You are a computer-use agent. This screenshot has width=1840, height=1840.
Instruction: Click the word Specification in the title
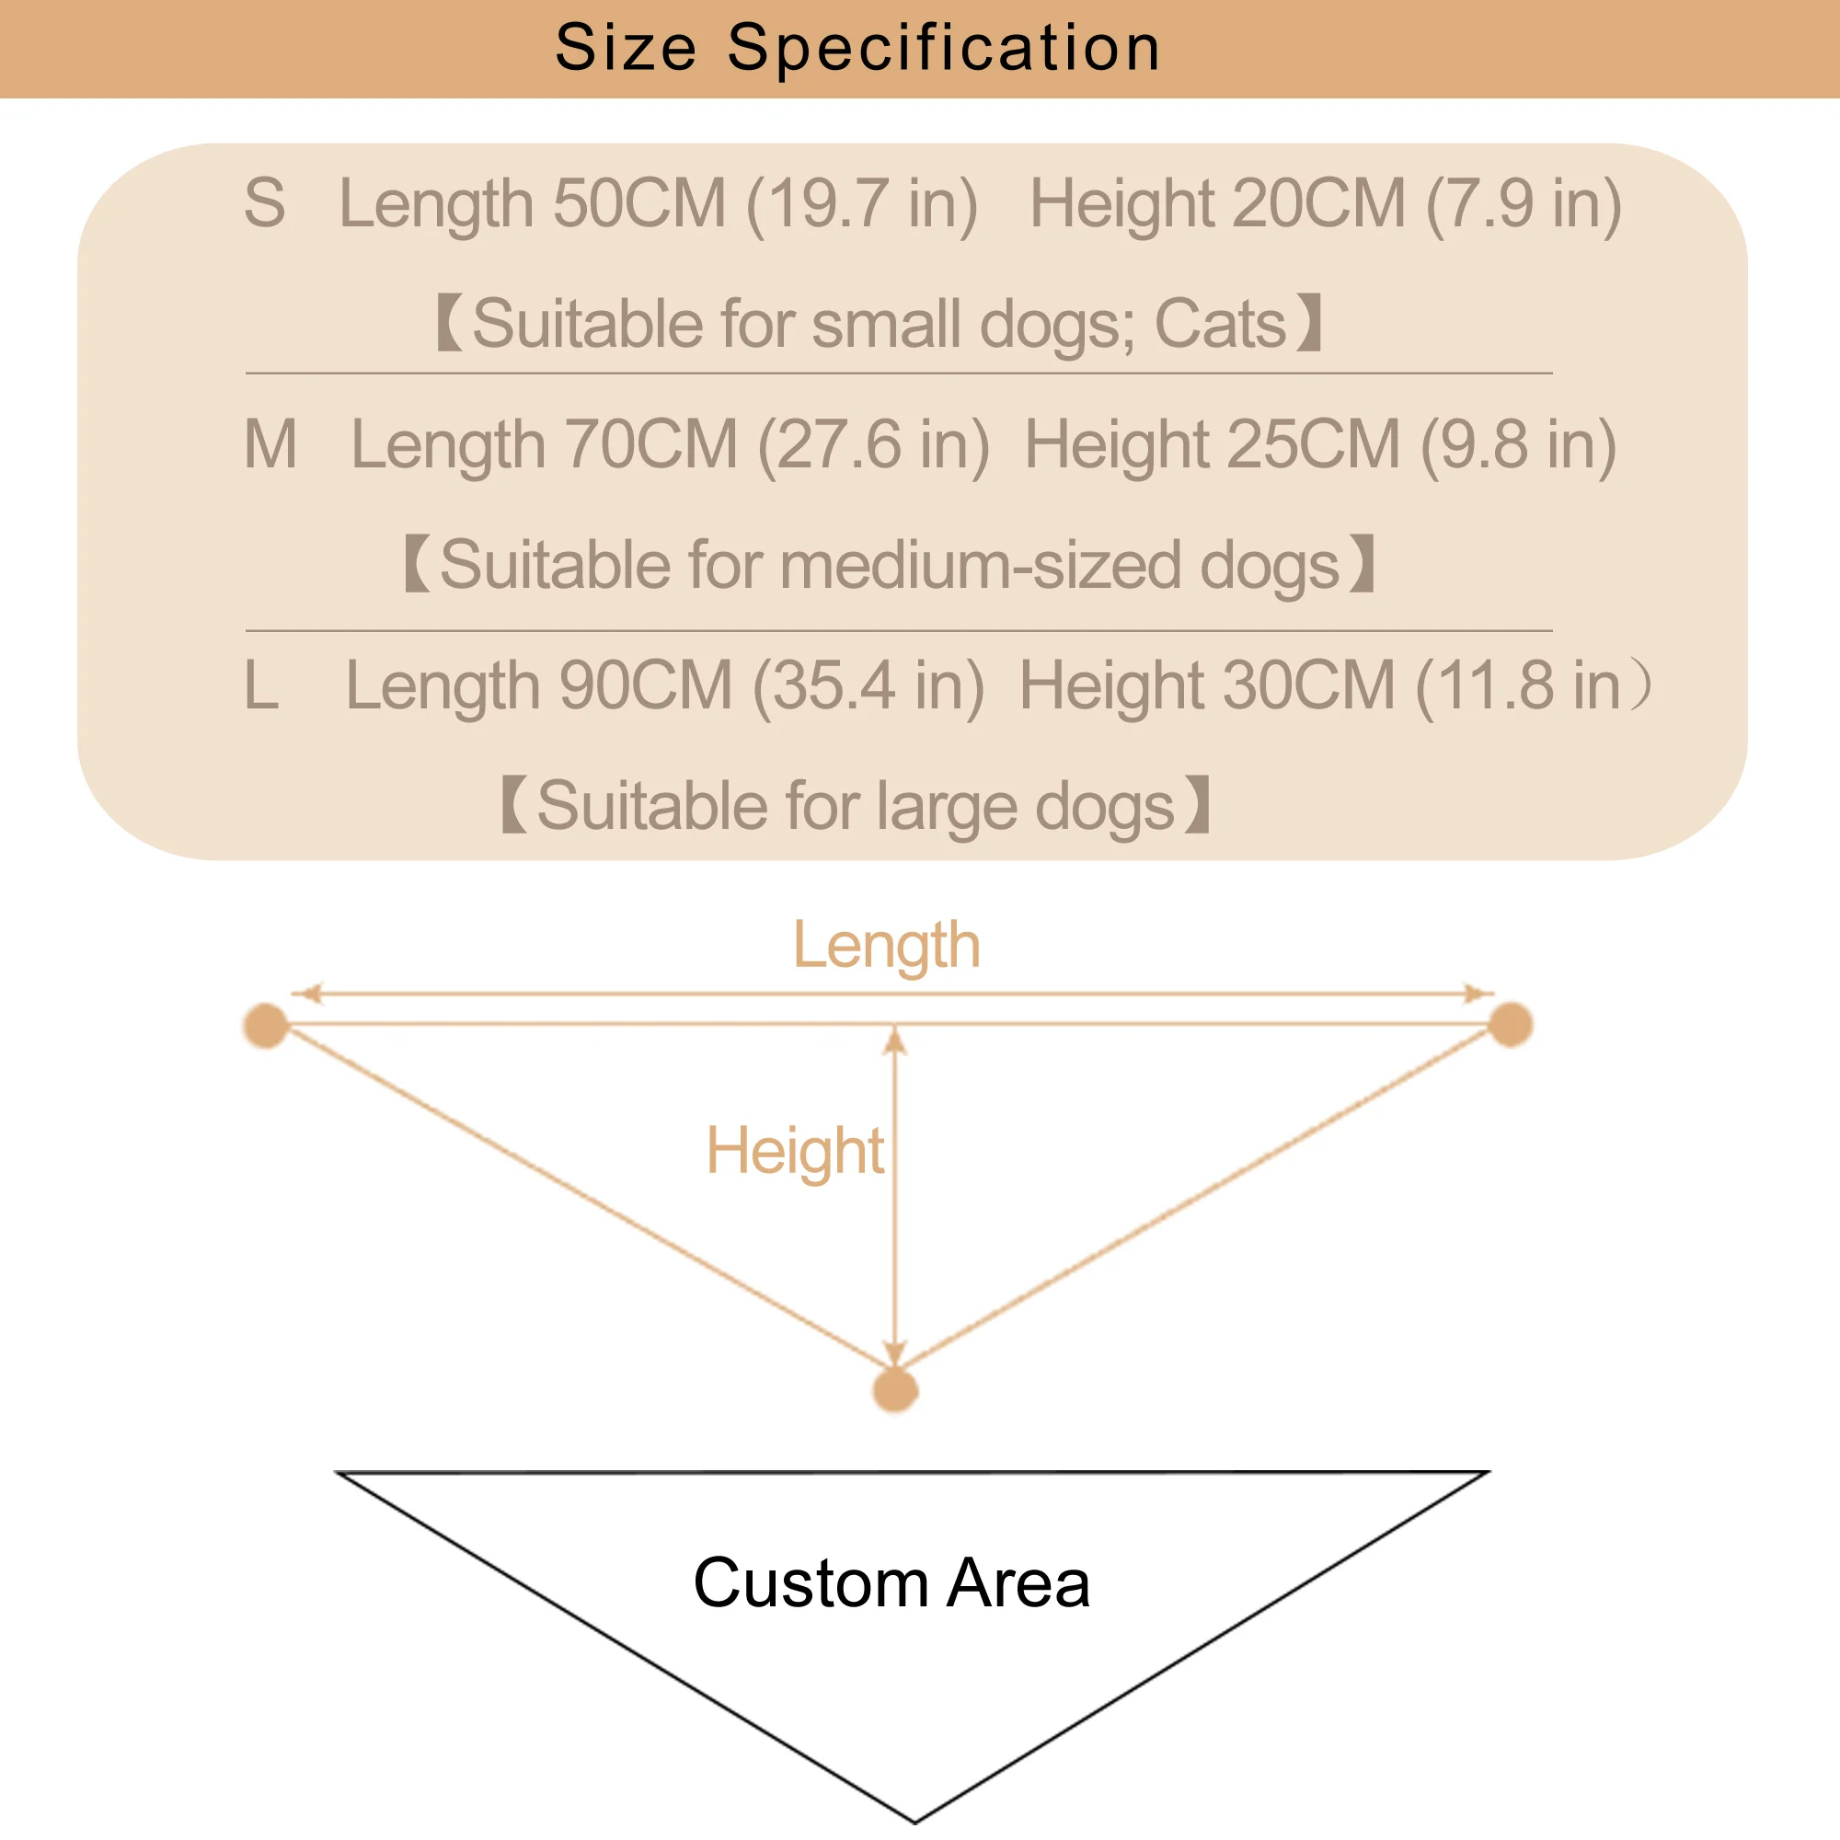pos(943,48)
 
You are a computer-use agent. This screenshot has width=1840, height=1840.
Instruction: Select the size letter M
pos(270,443)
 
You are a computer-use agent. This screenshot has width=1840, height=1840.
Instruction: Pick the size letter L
pos(261,684)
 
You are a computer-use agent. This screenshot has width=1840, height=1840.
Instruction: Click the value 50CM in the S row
pos(639,204)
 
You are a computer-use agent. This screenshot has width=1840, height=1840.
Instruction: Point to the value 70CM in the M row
pos(650,444)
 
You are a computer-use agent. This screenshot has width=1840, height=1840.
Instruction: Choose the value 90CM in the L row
pos(645,685)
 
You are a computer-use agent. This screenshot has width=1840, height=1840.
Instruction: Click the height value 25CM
pos(1314,444)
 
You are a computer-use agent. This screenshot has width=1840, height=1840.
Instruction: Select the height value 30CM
pos(1308,685)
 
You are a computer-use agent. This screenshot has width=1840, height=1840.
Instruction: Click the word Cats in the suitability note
pos(1220,324)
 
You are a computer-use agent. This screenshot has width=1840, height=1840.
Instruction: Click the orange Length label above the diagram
pos(887,946)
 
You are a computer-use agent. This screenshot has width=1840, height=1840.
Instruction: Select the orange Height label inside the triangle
pos(795,1151)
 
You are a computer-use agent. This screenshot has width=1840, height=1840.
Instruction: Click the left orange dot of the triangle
pos(266,1026)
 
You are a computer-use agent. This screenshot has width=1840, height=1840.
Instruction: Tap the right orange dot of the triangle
pos(1511,1025)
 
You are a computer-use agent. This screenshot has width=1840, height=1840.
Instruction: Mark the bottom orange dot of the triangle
pos(895,1390)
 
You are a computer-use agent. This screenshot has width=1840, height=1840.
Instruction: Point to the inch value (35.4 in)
pos(868,685)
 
